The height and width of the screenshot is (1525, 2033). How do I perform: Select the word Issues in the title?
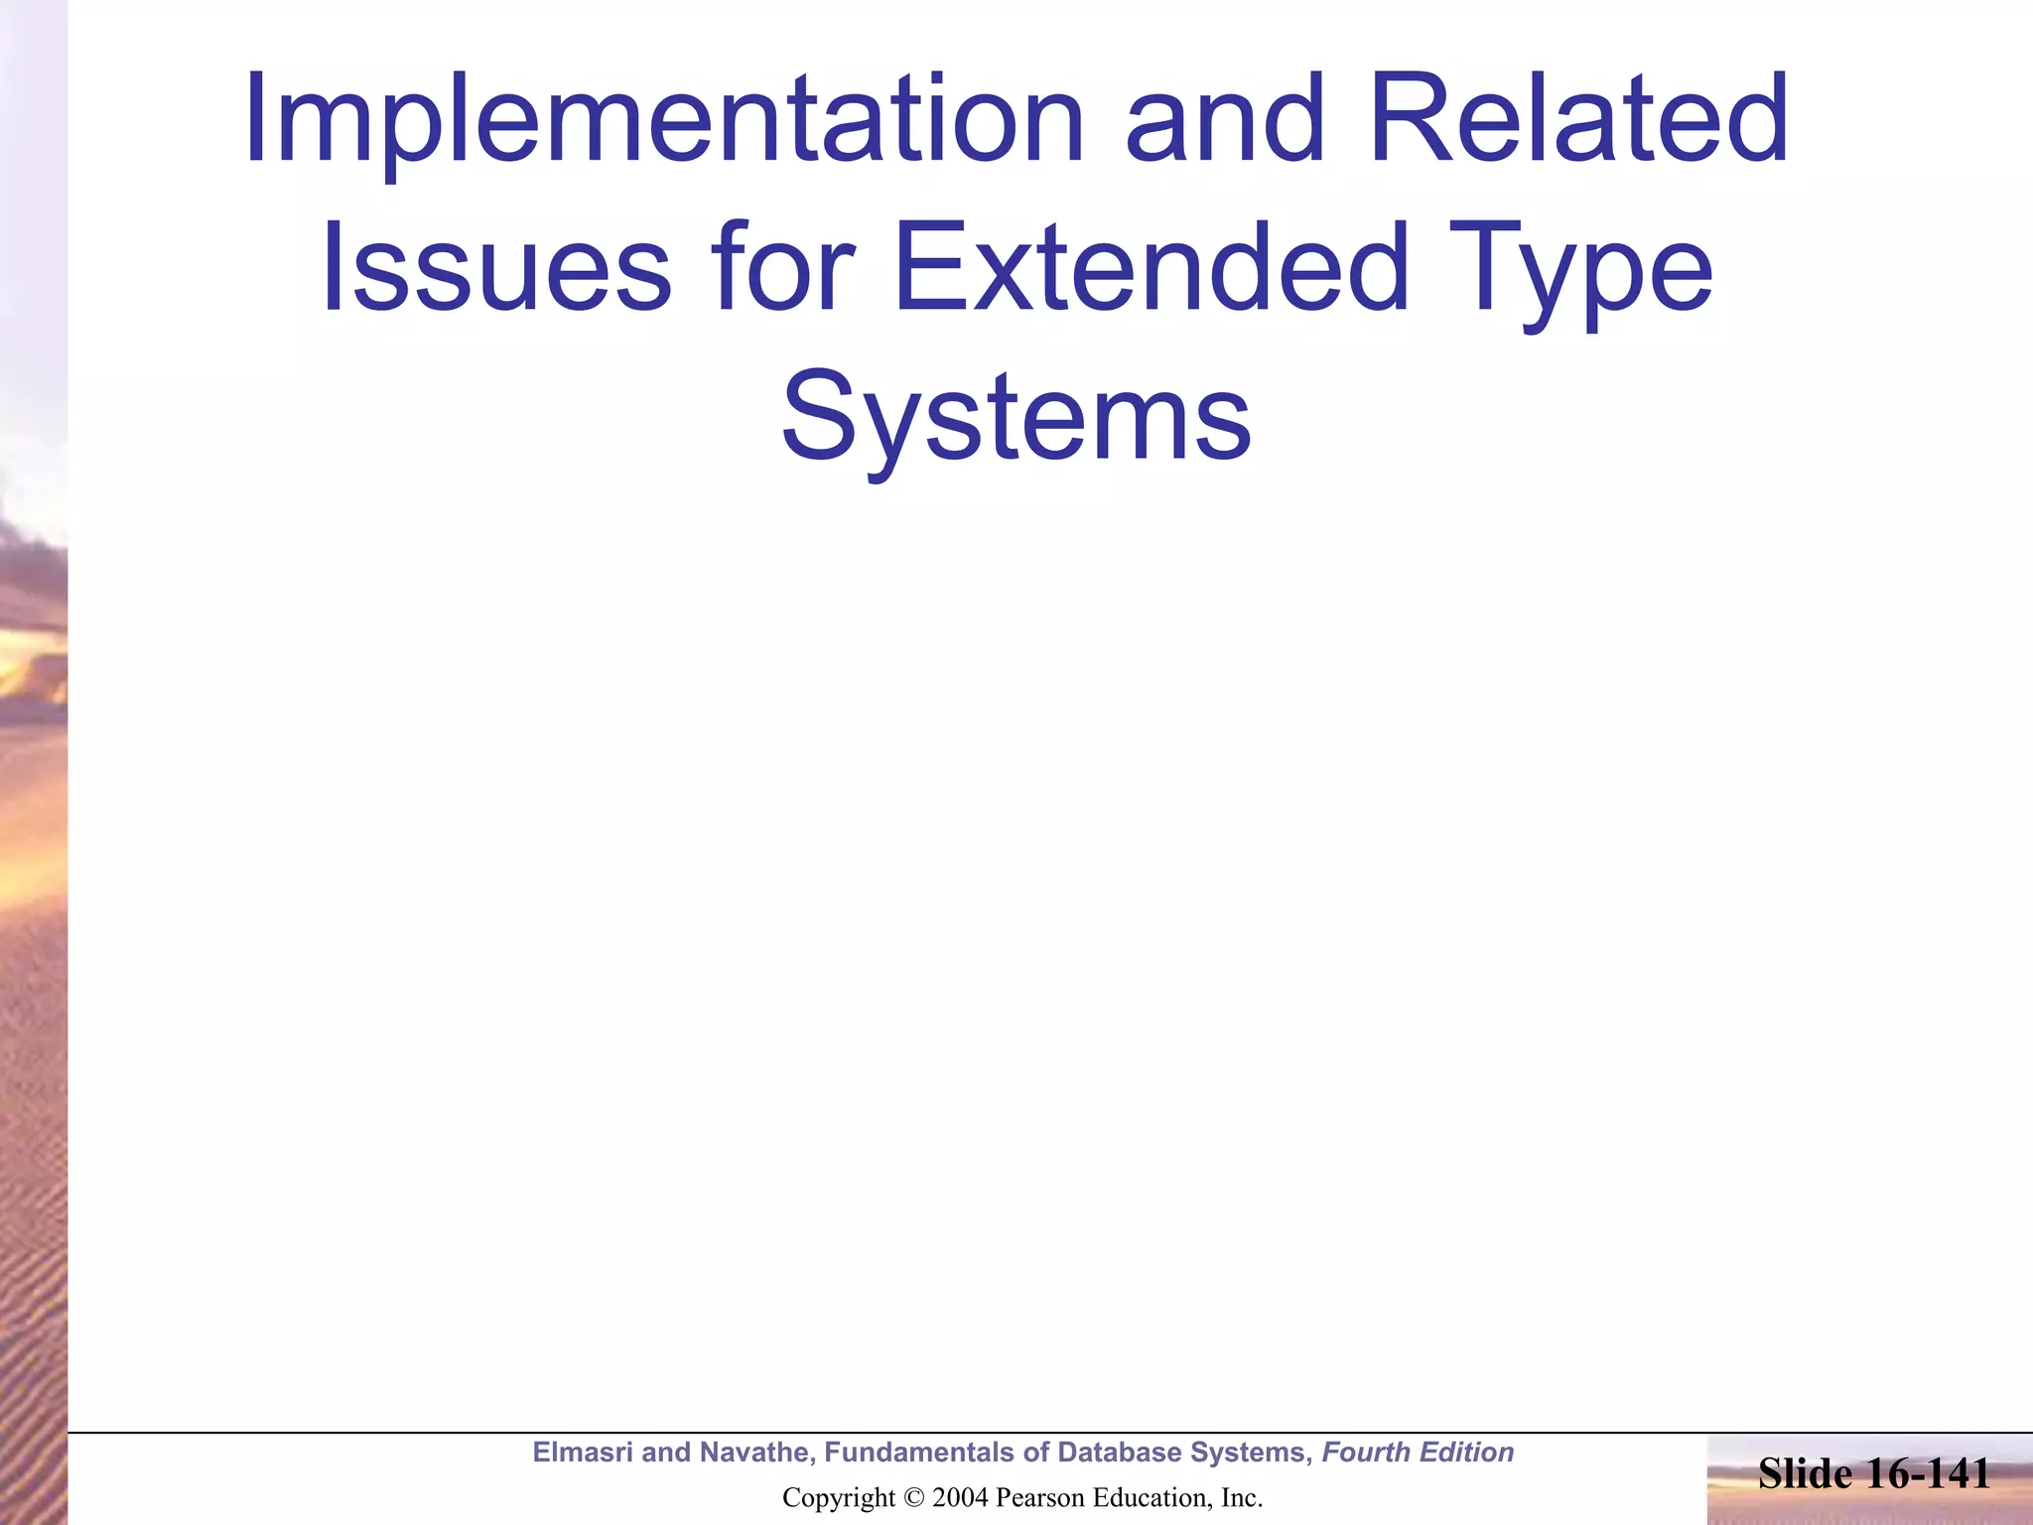[495, 268]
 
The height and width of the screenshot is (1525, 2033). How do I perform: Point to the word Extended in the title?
[1151, 268]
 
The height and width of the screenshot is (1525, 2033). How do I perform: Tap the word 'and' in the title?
[1225, 121]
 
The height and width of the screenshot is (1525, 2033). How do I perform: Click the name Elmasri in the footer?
[583, 1453]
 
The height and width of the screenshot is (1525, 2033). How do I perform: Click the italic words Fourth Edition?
[1418, 1453]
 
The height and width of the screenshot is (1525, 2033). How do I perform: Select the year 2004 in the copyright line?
[960, 1498]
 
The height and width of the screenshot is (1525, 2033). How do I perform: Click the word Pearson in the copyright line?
[1038, 1498]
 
